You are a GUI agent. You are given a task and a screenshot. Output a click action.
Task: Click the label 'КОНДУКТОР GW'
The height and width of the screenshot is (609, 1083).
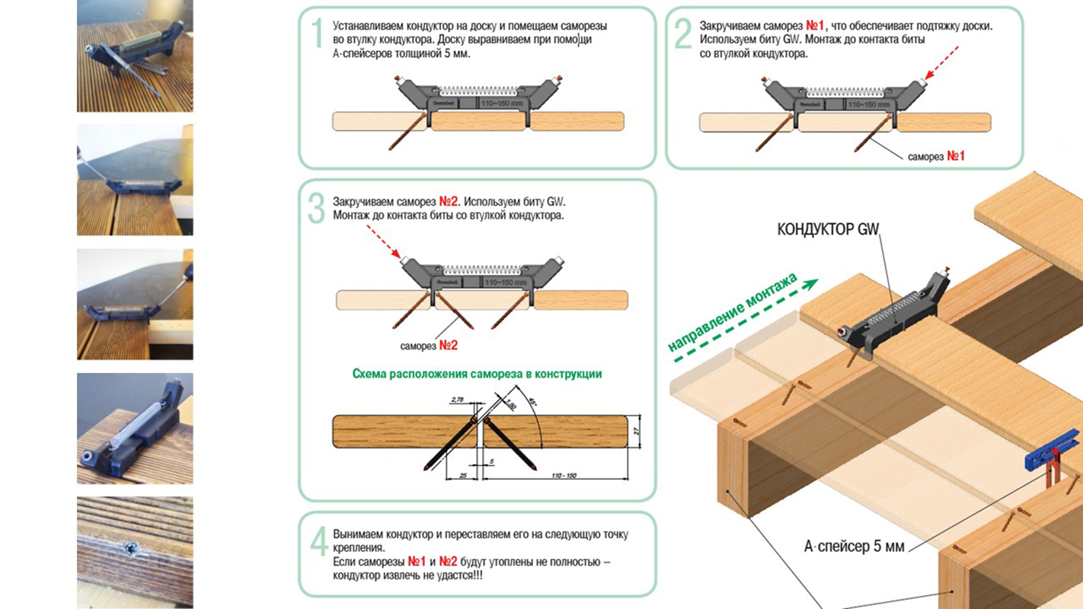[827, 229]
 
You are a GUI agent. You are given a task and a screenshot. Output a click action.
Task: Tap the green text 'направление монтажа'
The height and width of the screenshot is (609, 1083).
[733, 311]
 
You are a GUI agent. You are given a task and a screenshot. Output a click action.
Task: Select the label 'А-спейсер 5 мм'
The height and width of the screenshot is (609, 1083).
[854, 546]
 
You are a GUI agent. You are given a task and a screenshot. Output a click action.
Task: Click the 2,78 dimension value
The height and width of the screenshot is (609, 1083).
[458, 399]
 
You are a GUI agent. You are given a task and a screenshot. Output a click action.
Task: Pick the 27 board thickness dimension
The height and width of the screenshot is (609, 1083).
[637, 431]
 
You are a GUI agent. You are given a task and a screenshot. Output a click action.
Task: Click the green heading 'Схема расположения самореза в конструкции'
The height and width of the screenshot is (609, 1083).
[477, 374]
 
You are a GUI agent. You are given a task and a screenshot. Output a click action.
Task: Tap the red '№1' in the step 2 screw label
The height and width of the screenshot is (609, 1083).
[956, 156]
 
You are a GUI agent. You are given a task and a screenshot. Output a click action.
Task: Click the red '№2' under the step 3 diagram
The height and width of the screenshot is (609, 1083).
[449, 346]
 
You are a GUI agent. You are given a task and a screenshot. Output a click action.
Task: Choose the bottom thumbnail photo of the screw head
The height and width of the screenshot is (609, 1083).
[135, 552]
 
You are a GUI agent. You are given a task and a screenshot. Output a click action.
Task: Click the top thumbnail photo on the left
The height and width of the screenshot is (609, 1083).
[135, 56]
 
